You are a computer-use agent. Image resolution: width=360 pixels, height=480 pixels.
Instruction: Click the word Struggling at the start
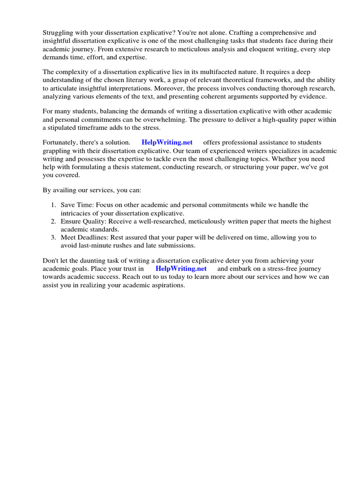(59, 33)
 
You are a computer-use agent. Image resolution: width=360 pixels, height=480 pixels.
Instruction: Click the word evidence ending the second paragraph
(307, 96)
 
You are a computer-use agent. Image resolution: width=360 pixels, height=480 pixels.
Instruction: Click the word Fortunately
(62, 142)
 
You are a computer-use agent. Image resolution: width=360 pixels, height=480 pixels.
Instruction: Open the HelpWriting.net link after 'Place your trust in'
(181, 269)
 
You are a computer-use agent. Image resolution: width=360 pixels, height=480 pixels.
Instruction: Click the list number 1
(53, 205)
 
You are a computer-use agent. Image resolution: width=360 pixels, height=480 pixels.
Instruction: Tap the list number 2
(53, 221)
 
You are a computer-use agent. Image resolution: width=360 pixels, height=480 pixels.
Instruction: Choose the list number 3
(53, 237)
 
